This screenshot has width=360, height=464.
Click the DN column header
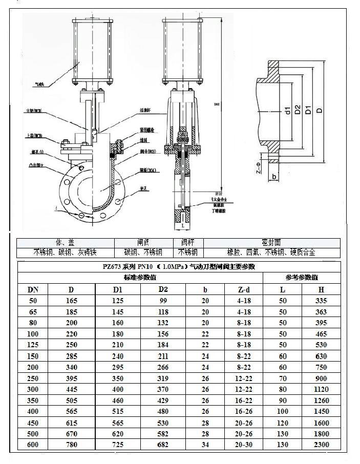coord(33,290)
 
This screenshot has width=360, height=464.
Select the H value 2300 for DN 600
coord(321,445)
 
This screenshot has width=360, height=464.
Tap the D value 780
coord(71,445)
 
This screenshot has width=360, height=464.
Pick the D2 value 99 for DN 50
coord(163,301)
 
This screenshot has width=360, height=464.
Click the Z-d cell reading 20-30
coord(244,445)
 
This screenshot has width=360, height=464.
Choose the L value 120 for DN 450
coord(283,423)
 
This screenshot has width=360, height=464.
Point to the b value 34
coord(205,445)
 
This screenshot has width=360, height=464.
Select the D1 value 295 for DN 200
coord(118,367)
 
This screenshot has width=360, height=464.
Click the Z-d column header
coord(244,290)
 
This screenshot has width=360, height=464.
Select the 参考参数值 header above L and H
coord(302,278)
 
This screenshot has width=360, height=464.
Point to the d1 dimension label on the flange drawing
coord(288,110)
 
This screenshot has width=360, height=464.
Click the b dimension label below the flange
coord(274,177)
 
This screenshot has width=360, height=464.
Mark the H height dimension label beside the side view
coord(217,104)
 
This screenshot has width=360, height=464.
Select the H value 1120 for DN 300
coord(321,389)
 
